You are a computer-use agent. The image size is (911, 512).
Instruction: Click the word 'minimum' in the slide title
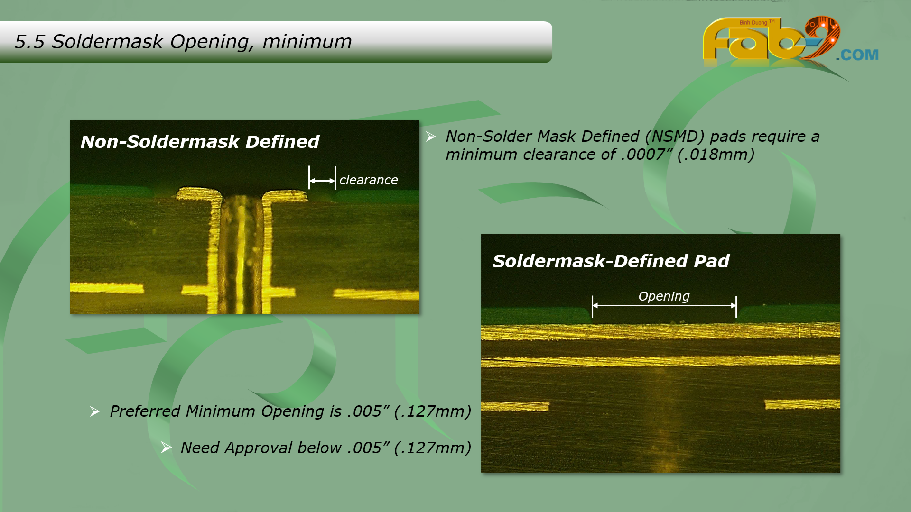tap(307, 42)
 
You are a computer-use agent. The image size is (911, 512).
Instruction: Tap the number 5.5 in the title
tap(29, 42)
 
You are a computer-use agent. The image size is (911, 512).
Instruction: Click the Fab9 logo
tap(771, 40)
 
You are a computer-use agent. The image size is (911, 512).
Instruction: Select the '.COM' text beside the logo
tap(857, 55)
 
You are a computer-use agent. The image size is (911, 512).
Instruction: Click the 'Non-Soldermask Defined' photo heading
tap(200, 142)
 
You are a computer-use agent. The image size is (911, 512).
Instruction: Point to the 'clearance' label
tap(369, 180)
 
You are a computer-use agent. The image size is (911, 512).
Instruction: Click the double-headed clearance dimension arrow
tap(322, 181)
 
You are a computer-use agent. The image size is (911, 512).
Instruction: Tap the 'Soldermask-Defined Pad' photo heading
tap(611, 261)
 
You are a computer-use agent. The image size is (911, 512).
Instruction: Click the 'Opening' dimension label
tap(664, 297)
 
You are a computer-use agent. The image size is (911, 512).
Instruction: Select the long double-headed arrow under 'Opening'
tap(664, 306)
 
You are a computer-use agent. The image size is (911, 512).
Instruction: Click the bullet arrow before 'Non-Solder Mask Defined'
tap(430, 137)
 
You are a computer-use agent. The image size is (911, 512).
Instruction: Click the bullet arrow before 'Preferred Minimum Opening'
tap(94, 411)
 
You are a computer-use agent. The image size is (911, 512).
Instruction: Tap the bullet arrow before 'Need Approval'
tap(166, 448)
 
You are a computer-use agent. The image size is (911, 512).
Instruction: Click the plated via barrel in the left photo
tap(242, 254)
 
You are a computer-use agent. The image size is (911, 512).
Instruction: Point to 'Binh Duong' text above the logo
tap(753, 23)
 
